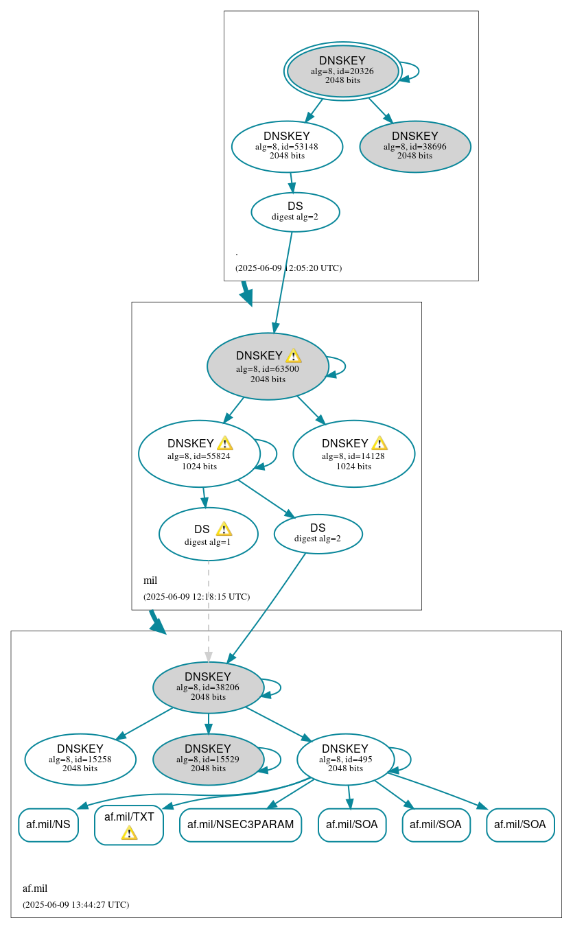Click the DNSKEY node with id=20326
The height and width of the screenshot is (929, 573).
pos(342,71)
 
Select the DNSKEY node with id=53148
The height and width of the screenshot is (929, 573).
pos(287,146)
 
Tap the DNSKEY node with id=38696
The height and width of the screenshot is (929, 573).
pos(415,146)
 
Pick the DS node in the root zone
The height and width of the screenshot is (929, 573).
pos(295,212)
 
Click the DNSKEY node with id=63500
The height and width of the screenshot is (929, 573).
pos(268,366)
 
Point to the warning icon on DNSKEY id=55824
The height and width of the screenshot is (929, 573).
pos(224,443)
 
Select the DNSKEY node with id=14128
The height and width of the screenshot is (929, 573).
pos(353,454)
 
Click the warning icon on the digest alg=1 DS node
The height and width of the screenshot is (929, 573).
pos(224,529)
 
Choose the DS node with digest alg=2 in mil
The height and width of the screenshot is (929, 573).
pos(318,533)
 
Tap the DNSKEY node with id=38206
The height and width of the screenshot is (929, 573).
pos(208,687)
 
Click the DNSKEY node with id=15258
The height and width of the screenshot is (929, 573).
pos(80,759)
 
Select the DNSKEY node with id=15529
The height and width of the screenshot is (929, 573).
pos(208,759)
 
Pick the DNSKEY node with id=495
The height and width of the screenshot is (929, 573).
pos(345,759)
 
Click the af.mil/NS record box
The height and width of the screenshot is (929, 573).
pos(48,825)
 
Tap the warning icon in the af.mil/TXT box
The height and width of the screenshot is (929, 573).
pos(129,832)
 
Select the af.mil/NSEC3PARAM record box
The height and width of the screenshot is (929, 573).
pos(240,825)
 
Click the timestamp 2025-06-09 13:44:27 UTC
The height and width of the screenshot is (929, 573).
pos(75,904)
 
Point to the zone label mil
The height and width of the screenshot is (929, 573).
pos(150,580)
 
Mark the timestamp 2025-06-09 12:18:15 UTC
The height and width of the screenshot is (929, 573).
pos(196,596)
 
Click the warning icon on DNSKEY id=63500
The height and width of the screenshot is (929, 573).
pos(293,355)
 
